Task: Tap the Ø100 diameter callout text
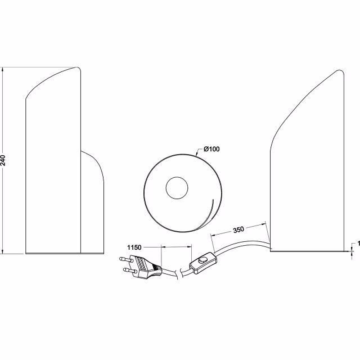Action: pos(211,148)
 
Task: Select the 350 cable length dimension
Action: pos(239,230)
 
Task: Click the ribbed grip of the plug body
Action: pos(142,264)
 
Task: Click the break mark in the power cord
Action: pos(179,273)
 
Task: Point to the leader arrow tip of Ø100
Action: pos(195,154)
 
